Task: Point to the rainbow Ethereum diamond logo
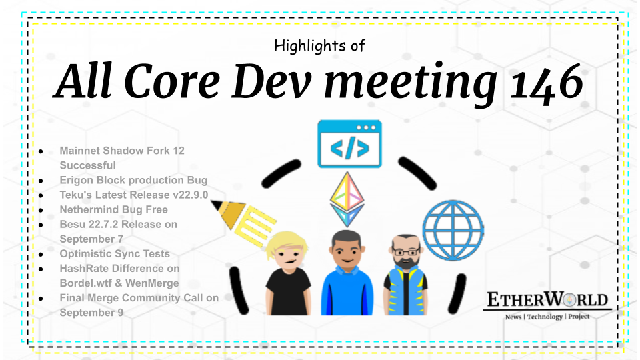[347, 199]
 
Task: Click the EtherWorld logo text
[547, 301]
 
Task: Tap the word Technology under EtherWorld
[545, 317]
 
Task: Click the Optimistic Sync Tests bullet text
[115, 253]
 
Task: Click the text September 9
[91, 312]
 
